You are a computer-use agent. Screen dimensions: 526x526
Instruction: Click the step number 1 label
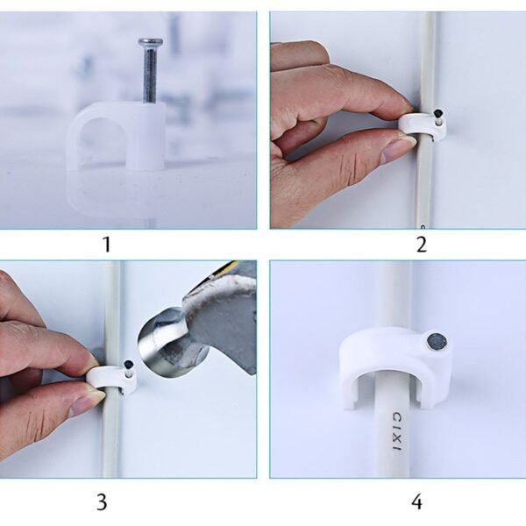107,245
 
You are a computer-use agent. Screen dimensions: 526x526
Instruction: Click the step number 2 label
421,245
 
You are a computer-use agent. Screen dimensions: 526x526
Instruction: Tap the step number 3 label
102,502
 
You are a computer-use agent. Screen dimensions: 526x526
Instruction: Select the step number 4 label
416,502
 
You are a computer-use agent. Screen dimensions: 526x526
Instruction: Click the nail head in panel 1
150,42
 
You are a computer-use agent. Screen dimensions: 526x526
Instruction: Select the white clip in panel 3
112,379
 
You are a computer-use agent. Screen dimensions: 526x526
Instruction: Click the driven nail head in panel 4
436,343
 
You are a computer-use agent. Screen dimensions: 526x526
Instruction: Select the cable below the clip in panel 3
110,438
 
